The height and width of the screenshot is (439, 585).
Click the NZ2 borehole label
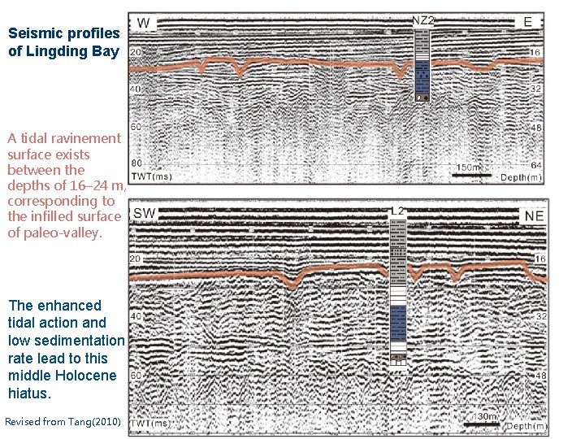point(422,20)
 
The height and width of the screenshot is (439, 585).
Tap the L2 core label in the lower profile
point(397,211)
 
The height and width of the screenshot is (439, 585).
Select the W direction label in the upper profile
point(143,22)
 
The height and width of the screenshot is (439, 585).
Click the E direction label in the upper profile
point(528,22)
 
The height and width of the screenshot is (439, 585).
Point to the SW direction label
point(145,214)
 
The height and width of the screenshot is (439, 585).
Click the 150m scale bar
point(472,172)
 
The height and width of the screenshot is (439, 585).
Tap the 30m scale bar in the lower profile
point(487,421)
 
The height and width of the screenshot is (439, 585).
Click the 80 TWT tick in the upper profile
point(136,163)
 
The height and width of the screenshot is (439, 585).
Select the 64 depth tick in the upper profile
point(535,165)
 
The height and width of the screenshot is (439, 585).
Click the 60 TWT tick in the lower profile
point(136,376)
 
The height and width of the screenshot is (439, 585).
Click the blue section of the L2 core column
point(397,325)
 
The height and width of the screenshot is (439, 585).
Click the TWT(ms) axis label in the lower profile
point(152,424)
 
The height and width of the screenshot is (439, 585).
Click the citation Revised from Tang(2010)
point(63,421)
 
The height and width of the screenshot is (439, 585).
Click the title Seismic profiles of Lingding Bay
point(63,43)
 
